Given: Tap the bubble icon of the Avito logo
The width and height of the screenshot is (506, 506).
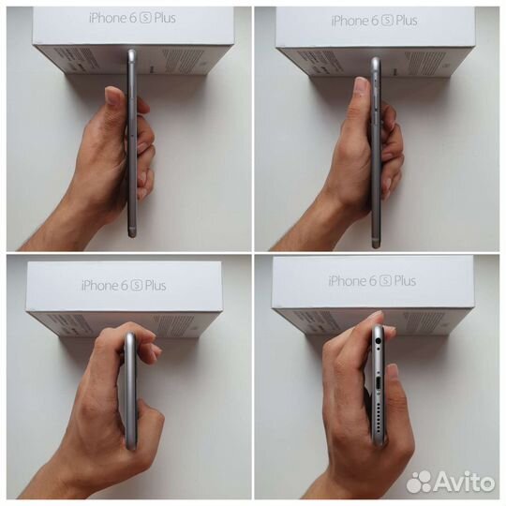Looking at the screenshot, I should click(421, 482).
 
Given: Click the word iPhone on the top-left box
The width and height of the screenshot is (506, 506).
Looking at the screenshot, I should click(109, 18).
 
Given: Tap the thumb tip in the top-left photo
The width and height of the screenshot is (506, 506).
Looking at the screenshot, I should click(114, 94).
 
